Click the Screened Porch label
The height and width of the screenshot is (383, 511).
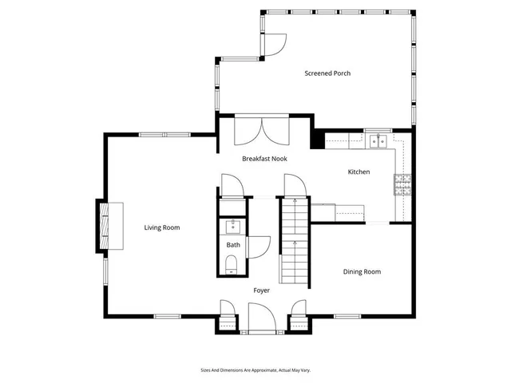(327, 73)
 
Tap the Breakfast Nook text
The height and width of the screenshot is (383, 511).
(264, 159)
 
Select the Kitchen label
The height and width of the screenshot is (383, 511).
(358, 172)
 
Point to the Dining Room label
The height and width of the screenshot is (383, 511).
(362, 272)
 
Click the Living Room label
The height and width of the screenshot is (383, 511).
(161, 227)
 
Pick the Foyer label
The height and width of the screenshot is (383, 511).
(261, 290)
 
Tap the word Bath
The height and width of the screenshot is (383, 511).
(233, 245)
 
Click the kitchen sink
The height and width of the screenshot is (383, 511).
(378, 142)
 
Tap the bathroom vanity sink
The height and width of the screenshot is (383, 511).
(233, 226)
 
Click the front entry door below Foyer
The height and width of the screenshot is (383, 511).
(261, 320)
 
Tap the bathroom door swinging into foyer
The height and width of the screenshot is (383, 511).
(259, 246)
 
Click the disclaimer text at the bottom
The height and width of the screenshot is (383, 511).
(255, 370)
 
